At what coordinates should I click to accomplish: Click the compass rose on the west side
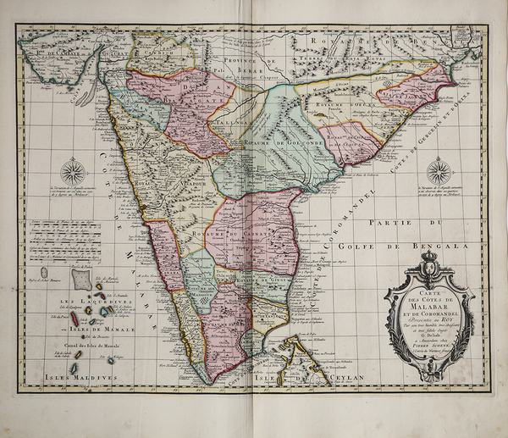point(75,173)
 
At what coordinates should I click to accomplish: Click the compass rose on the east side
point(439,172)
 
